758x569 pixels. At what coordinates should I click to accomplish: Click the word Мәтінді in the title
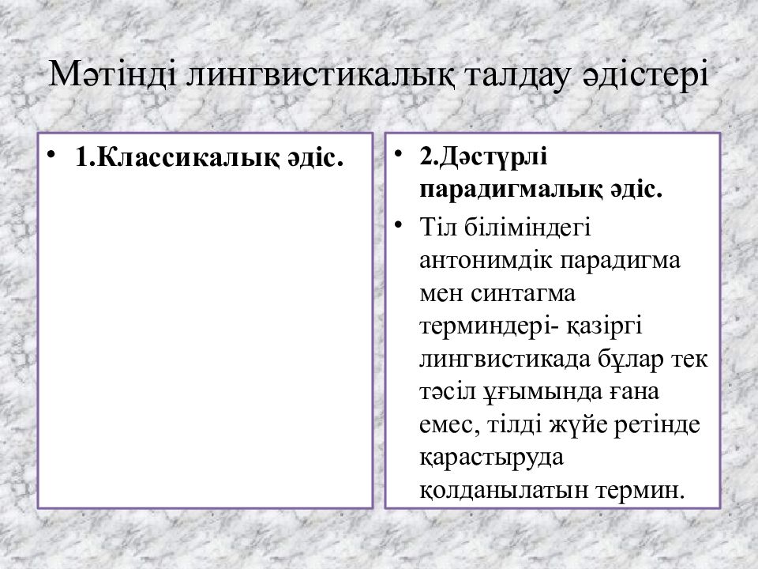(113, 74)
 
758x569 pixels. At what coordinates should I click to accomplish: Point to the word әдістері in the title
(645, 75)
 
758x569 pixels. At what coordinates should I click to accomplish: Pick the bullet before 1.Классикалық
(51, 156)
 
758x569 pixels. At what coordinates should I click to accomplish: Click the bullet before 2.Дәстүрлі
(398, 154)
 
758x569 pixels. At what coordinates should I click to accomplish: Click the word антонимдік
(486, 260)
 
